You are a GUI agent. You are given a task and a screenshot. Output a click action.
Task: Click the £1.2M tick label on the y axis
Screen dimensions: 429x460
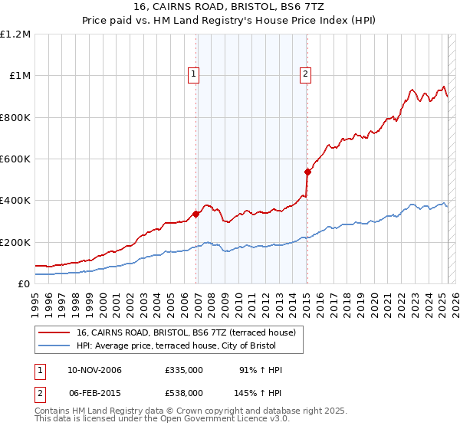15,34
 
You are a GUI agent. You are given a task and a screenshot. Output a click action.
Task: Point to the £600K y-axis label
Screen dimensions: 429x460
15,159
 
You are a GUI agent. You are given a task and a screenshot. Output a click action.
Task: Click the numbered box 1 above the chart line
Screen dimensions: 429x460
192,74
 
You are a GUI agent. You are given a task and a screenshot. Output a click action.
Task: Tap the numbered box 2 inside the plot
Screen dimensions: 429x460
305,74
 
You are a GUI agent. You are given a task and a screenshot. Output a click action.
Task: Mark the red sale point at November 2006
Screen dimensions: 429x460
196,214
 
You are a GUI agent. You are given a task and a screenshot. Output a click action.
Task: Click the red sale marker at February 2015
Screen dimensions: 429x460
307,172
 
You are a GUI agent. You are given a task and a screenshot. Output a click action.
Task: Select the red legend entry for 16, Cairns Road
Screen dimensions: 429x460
191,332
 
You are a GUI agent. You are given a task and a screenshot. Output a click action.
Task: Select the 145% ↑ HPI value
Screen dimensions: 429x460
259,392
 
